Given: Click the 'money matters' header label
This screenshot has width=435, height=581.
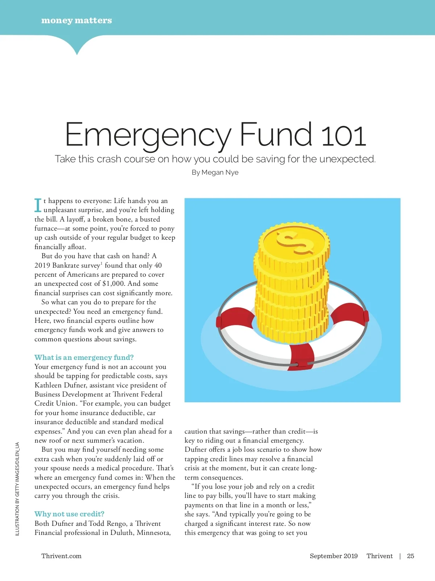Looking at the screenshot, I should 76,20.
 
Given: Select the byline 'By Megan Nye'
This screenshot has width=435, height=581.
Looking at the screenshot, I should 215,172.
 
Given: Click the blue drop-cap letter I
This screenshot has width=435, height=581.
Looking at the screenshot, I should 38,205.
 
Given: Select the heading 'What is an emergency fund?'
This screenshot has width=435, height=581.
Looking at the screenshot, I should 84,357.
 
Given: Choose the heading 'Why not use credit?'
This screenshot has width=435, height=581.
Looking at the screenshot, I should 69,514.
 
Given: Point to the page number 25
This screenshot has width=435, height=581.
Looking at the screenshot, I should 410,556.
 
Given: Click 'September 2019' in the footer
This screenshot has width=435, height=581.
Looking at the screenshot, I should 333,556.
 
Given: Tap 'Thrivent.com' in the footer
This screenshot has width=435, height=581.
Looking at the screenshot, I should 61,556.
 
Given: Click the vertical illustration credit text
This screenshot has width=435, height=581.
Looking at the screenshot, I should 17,488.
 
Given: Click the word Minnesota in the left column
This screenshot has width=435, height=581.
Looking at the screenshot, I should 153,533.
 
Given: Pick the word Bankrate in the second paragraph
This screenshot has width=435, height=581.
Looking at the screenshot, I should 66,265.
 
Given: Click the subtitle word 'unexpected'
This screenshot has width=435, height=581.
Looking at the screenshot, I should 347,159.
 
